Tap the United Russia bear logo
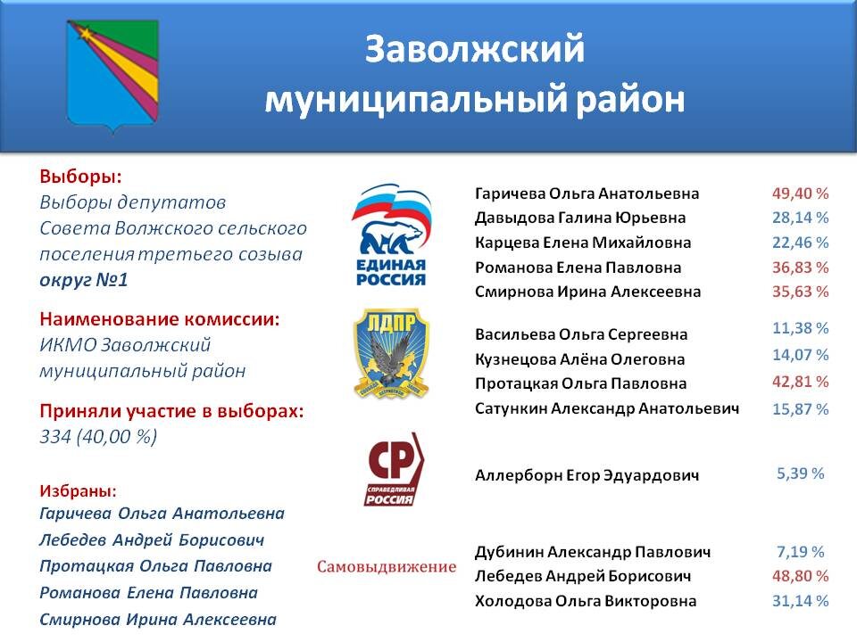(391, 235)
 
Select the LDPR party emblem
(391, 353)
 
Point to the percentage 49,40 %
(800, 193)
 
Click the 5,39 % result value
(800, 473)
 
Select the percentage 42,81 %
(800, 382)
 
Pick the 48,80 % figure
(800, 576)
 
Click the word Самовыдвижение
(387, 567)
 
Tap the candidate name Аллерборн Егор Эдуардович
(587, 475)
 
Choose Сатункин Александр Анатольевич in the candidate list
(607, 408)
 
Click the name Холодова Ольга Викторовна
(586, 601)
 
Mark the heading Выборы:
(80, 177)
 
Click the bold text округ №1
(84, 280)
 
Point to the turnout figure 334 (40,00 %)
(98, 437)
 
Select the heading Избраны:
(79, 490)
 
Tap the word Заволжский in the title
(474, 49)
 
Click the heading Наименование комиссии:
(160, 319)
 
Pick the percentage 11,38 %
(800, 328)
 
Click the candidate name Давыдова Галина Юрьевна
(580, 218)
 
